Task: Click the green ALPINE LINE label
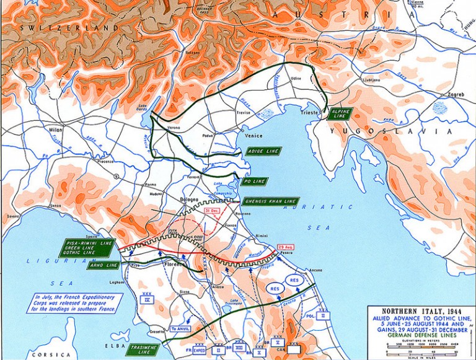click(341, 113)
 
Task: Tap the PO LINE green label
click(253, 181)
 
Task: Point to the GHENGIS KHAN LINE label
click(271, 201)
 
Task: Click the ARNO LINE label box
click(103, 265)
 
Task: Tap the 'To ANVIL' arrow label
click(182, 328)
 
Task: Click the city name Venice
click(253, 136)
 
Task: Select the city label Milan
click(56, 130)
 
